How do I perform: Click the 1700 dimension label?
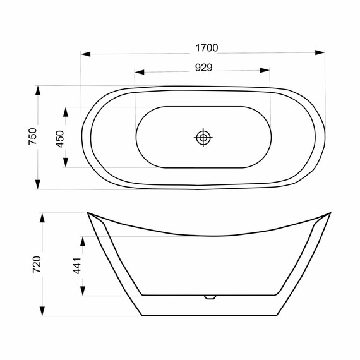206,48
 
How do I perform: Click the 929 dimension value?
202,66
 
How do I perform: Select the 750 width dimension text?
32,137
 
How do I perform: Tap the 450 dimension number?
60,138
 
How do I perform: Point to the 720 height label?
36,265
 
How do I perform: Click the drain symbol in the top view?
203,137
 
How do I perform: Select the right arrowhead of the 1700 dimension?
321,54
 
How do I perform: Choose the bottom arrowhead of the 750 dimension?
39,184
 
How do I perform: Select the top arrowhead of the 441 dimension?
83,241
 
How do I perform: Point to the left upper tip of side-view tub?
88,213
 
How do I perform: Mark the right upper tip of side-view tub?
330,213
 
